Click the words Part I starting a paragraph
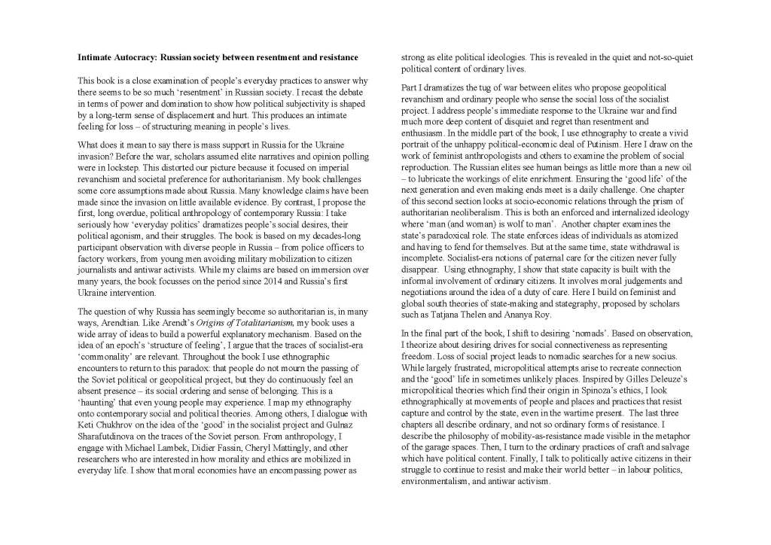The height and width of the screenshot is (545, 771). pos(413,88)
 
